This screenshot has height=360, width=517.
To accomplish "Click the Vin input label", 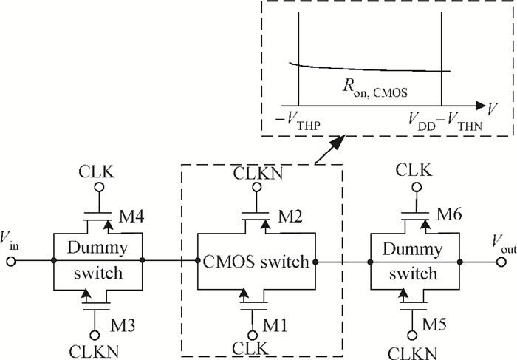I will tap(15, 240).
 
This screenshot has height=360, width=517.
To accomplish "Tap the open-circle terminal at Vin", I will tap(10, 260).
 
